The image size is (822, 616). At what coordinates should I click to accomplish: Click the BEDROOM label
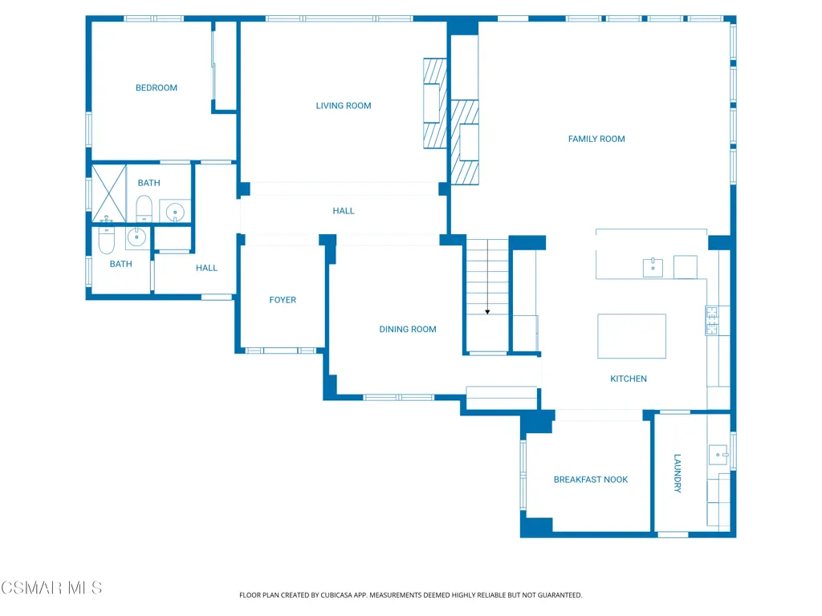(157, 88)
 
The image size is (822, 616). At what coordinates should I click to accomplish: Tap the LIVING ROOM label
(344, 106)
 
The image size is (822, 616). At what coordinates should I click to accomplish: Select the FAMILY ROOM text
(596, 139)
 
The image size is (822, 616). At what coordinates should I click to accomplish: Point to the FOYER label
(283, 300)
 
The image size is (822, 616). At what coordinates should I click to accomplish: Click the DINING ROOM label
(408, 329)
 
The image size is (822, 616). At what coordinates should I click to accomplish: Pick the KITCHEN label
(629, 379)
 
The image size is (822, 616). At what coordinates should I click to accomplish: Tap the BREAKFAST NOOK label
(591, 480)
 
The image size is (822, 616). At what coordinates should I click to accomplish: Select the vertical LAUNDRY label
(678, 473)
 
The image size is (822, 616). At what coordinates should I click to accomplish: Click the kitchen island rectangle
(632, 336)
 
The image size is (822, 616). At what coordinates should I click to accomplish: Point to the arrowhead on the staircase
(487, 312)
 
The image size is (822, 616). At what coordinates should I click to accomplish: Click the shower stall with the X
(109, 193)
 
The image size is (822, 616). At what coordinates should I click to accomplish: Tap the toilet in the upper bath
(144, 209)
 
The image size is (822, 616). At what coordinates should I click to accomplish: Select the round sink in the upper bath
(174, 212)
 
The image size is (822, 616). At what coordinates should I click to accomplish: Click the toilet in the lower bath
(107, 241)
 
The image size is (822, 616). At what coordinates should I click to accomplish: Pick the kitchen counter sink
(653, 267)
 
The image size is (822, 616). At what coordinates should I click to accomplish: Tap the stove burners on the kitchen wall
(711, 321)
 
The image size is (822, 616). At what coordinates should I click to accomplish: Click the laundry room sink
(718, 455)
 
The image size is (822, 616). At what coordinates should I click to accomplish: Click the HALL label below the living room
(344, 211)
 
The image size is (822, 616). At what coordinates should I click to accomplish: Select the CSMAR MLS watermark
(51, 588)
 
